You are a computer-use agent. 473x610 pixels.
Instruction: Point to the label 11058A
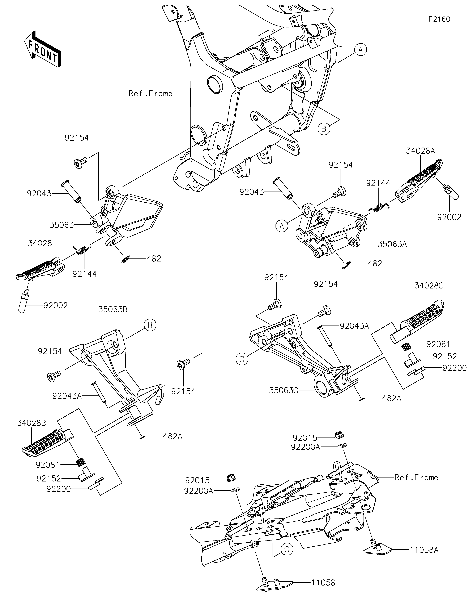(x=424, y=550)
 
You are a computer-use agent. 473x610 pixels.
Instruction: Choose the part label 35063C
(x=284, y=390)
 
